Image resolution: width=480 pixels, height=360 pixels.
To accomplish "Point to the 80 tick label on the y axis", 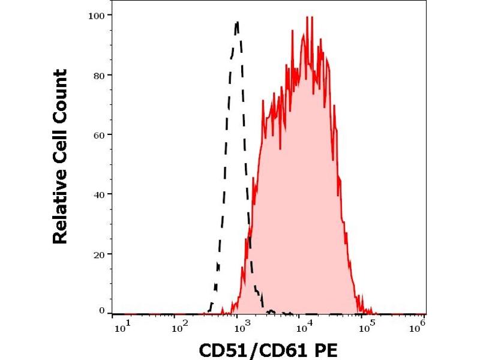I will coord(100,74).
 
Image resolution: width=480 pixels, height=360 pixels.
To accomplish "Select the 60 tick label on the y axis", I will coord(100,134).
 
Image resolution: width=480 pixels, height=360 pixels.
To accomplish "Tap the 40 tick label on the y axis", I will coord(100,194).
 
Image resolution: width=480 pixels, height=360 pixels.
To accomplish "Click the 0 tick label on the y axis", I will coord(102,311).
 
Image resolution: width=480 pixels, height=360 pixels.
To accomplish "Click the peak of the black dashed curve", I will coord(238,22).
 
